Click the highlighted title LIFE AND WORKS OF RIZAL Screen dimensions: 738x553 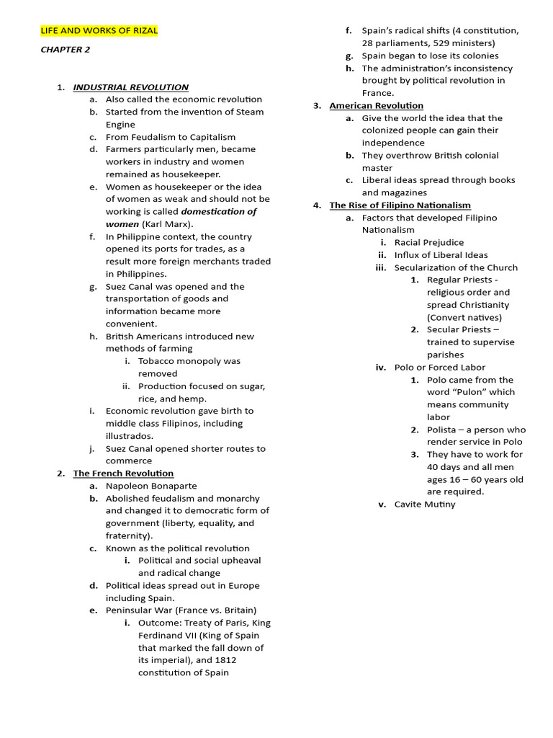click(99, 31)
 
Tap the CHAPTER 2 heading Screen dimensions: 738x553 click(65, 50)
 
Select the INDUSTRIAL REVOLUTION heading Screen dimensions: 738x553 click(130, 87)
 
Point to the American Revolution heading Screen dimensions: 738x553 click(376, 106)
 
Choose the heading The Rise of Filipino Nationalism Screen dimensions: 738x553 click(400, 205)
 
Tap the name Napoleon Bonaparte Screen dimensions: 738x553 click(151, 486)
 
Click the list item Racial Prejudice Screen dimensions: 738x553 click(429, 243)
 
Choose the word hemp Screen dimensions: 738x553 click(194, 399)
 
